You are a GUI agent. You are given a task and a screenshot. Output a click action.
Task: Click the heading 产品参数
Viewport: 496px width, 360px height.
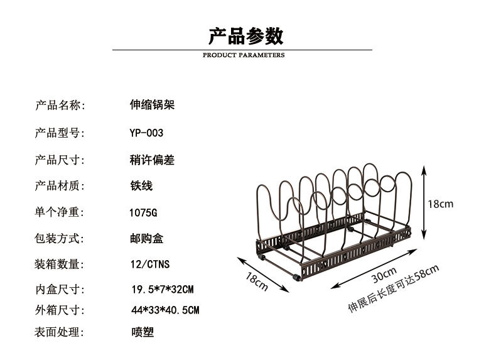click(x=245, y=36)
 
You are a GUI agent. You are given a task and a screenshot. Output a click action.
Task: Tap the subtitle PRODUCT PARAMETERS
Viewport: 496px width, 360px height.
click(x=244, y=55)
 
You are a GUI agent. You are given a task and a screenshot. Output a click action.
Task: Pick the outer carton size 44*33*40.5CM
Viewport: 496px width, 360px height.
click(x=165, y=310)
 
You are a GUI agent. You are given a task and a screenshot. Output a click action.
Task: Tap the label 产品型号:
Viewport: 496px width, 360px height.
click(x=60, y=133)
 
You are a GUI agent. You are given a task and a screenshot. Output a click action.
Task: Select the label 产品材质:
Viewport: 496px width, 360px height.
click(x=60, y=186)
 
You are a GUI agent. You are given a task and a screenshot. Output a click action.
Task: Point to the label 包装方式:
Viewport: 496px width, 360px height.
click(x=60, y=239)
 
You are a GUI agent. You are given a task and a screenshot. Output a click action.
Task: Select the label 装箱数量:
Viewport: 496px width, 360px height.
click(x=60, y=265)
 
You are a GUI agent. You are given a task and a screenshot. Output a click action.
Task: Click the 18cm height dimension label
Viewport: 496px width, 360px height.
click(x=441, y=204)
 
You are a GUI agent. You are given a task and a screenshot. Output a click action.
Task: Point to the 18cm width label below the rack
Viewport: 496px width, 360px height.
click(x=257, y=282)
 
